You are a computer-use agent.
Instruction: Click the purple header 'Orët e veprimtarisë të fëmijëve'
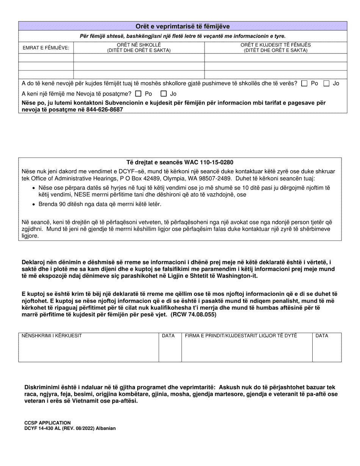click(x=183, y=27)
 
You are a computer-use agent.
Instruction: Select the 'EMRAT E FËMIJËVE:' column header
click(x=46, y=47)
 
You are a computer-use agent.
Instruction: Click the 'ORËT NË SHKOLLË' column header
click(x=139, y=47)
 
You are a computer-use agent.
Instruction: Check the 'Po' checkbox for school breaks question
click(x=304, y=84)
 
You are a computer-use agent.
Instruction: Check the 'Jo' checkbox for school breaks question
click(x=326, y=84)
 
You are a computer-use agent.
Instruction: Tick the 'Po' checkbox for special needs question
click(x=138, y=94)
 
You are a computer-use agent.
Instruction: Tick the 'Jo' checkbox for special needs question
click(x=164, y=94)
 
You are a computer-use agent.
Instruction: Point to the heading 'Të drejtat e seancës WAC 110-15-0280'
click(x=180, y=162)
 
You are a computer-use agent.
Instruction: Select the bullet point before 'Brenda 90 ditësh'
click(x=34, y=204)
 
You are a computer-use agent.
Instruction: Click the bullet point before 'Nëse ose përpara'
click(x=34, y=188)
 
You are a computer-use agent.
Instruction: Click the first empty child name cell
click(x=46, y=58)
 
